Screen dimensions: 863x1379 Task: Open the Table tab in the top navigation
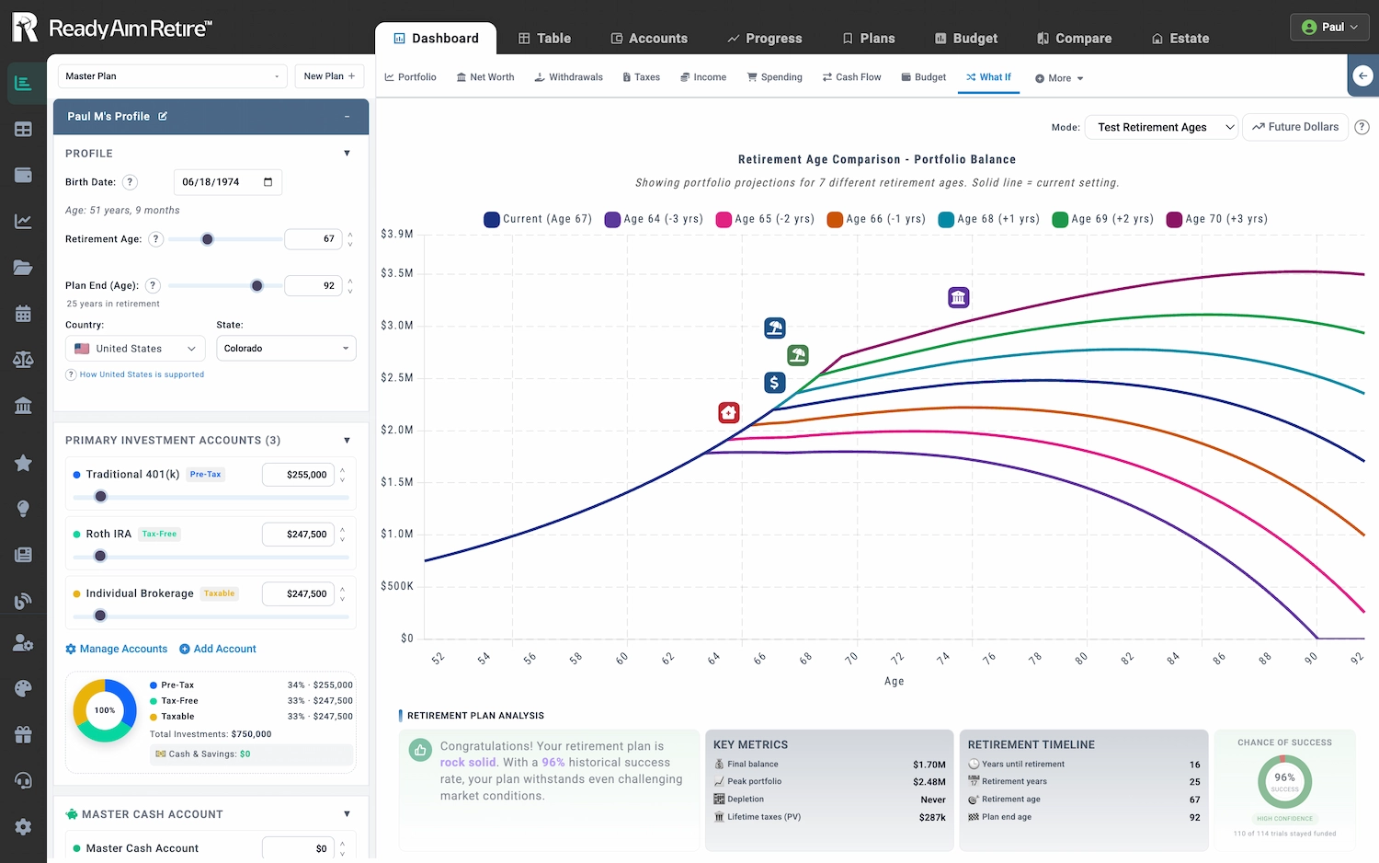pyautogui.click(x=544, y=39)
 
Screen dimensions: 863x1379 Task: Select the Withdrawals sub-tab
pyautogui.click(x=568, y=77)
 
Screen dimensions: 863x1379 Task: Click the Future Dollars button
pyautogui.click(x=1294, y=127)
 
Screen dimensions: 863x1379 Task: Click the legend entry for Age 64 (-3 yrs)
pyautogui.click(x=654, y=219)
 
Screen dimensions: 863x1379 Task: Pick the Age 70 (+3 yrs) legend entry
pyautogui.click(x=1216, y=219)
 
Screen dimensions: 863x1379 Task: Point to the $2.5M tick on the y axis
pyautogui.click(x=397, y=378)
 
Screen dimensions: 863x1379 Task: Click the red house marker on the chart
pyautogui.click(x=729, y=412)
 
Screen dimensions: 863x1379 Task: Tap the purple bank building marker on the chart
pyautogui.click(x=959, y=297)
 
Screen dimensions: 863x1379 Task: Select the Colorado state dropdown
pyautogui.click(x=286, y=349)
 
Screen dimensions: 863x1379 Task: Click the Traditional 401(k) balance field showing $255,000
pyautogui.click(x=298, y=475)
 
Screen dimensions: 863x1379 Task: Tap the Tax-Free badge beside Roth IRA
pyautogui.click(x=159, y=534)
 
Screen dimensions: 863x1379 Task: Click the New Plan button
pyautogui.click(x=329, y=76)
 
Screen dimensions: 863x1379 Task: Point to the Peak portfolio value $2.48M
pyautogui.click(x=928, y=782)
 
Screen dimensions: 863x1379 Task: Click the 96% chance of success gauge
pyautogui.click(x=1284, y=781)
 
